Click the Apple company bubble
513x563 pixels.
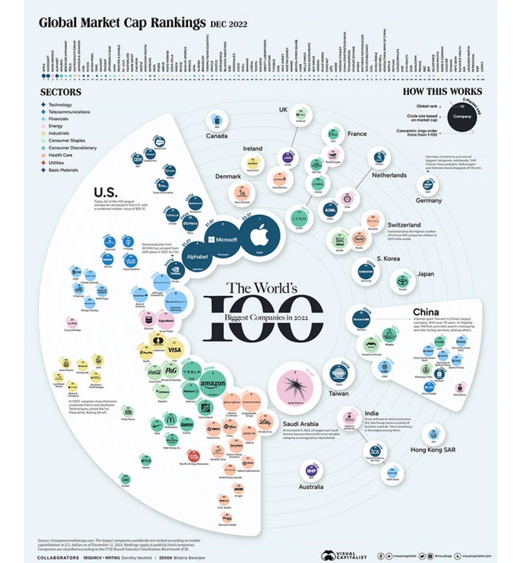[260, 234]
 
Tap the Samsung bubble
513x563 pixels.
[364, 273]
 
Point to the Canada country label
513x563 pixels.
[221, 136]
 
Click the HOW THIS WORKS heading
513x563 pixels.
[442, 92]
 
